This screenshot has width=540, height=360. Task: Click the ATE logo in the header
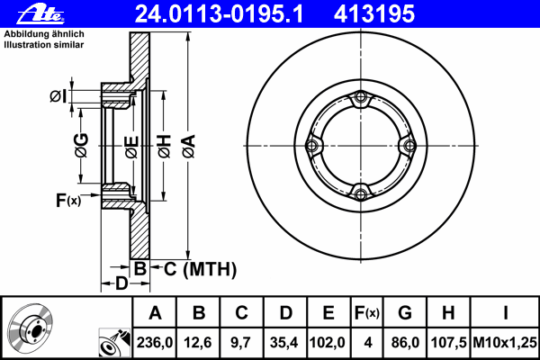41,14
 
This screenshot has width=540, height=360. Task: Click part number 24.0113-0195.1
219,13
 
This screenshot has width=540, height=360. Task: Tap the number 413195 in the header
374,13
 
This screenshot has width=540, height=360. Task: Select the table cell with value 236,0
155,342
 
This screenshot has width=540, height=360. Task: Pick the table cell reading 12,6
198,342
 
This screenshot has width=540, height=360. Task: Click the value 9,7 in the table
240,342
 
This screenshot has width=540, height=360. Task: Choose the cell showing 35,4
284,342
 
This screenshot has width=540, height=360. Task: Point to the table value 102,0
328,342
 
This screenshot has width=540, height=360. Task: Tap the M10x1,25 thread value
505,342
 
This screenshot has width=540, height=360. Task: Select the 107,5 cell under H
448,342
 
